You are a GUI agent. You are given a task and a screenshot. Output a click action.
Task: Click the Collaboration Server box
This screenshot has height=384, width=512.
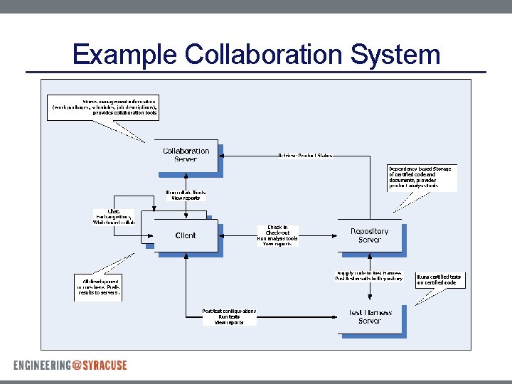186,155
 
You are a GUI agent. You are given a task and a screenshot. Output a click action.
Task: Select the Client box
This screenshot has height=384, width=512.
186,235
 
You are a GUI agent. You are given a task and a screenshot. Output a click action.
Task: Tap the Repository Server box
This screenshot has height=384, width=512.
369,235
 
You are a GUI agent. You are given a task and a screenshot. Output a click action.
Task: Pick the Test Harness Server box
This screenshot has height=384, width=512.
370,316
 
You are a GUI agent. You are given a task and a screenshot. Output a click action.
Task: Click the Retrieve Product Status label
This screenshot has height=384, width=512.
304,155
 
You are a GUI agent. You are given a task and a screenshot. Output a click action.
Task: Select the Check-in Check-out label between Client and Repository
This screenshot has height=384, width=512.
277,235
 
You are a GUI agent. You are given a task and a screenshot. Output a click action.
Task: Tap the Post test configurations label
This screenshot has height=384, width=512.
229,316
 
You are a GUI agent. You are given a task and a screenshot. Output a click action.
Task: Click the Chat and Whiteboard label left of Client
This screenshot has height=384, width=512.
114,217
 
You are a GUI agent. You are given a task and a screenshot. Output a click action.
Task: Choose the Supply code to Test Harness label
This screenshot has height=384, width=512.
369,276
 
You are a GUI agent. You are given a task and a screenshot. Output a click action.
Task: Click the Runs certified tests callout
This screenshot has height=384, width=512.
439,280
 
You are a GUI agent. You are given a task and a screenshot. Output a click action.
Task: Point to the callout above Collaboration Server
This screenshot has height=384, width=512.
104,107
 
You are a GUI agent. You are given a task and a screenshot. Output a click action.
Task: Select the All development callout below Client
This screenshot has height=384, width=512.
97,287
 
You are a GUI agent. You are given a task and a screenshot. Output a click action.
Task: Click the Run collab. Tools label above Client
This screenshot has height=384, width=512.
186,196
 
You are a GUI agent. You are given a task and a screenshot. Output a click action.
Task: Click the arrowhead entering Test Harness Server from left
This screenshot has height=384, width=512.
334,316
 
